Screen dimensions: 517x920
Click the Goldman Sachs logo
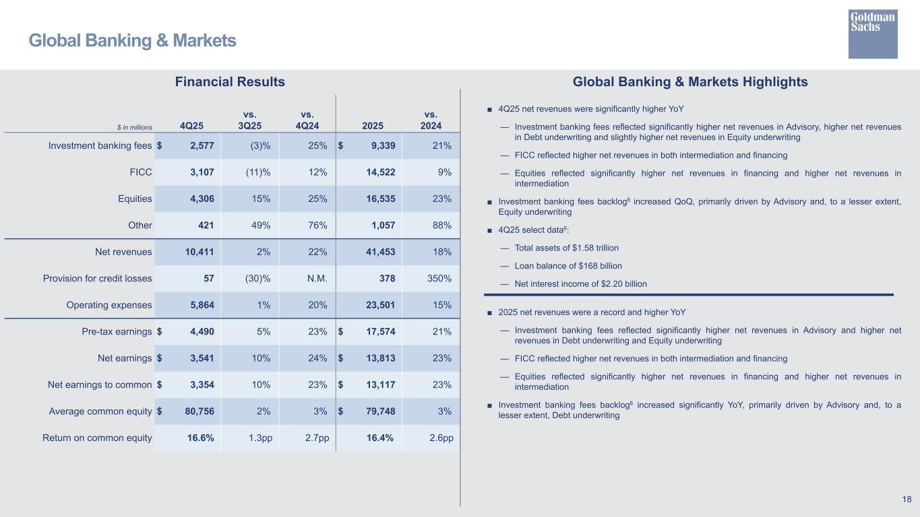873,34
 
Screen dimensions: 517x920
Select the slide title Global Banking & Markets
132,41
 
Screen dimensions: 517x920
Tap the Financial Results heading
230,82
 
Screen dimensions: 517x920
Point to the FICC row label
140,172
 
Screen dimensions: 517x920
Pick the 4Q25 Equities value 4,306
197,199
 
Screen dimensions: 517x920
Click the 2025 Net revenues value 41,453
376,252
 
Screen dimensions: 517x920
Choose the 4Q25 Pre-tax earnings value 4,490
197,331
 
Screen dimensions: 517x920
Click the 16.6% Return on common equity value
201,438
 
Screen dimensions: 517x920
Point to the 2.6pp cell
441,438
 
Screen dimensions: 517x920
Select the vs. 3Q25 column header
250,120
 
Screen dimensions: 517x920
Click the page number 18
907,499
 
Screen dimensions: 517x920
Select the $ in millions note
134,127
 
